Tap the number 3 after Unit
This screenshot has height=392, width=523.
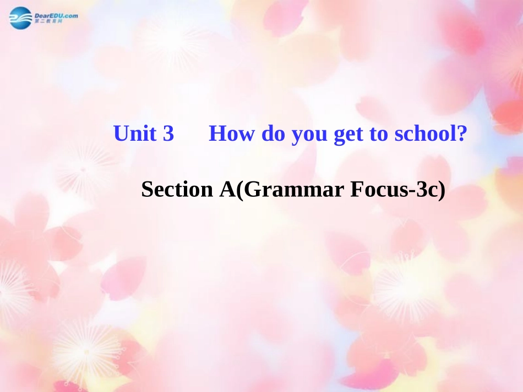[x=168, y=134]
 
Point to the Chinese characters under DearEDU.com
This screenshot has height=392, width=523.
[x=49, y=21]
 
